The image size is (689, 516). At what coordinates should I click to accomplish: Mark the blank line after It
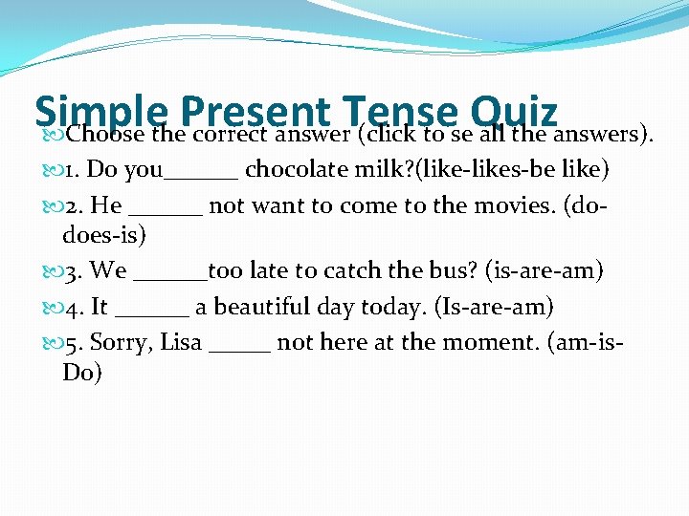click(x=156, y=313)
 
